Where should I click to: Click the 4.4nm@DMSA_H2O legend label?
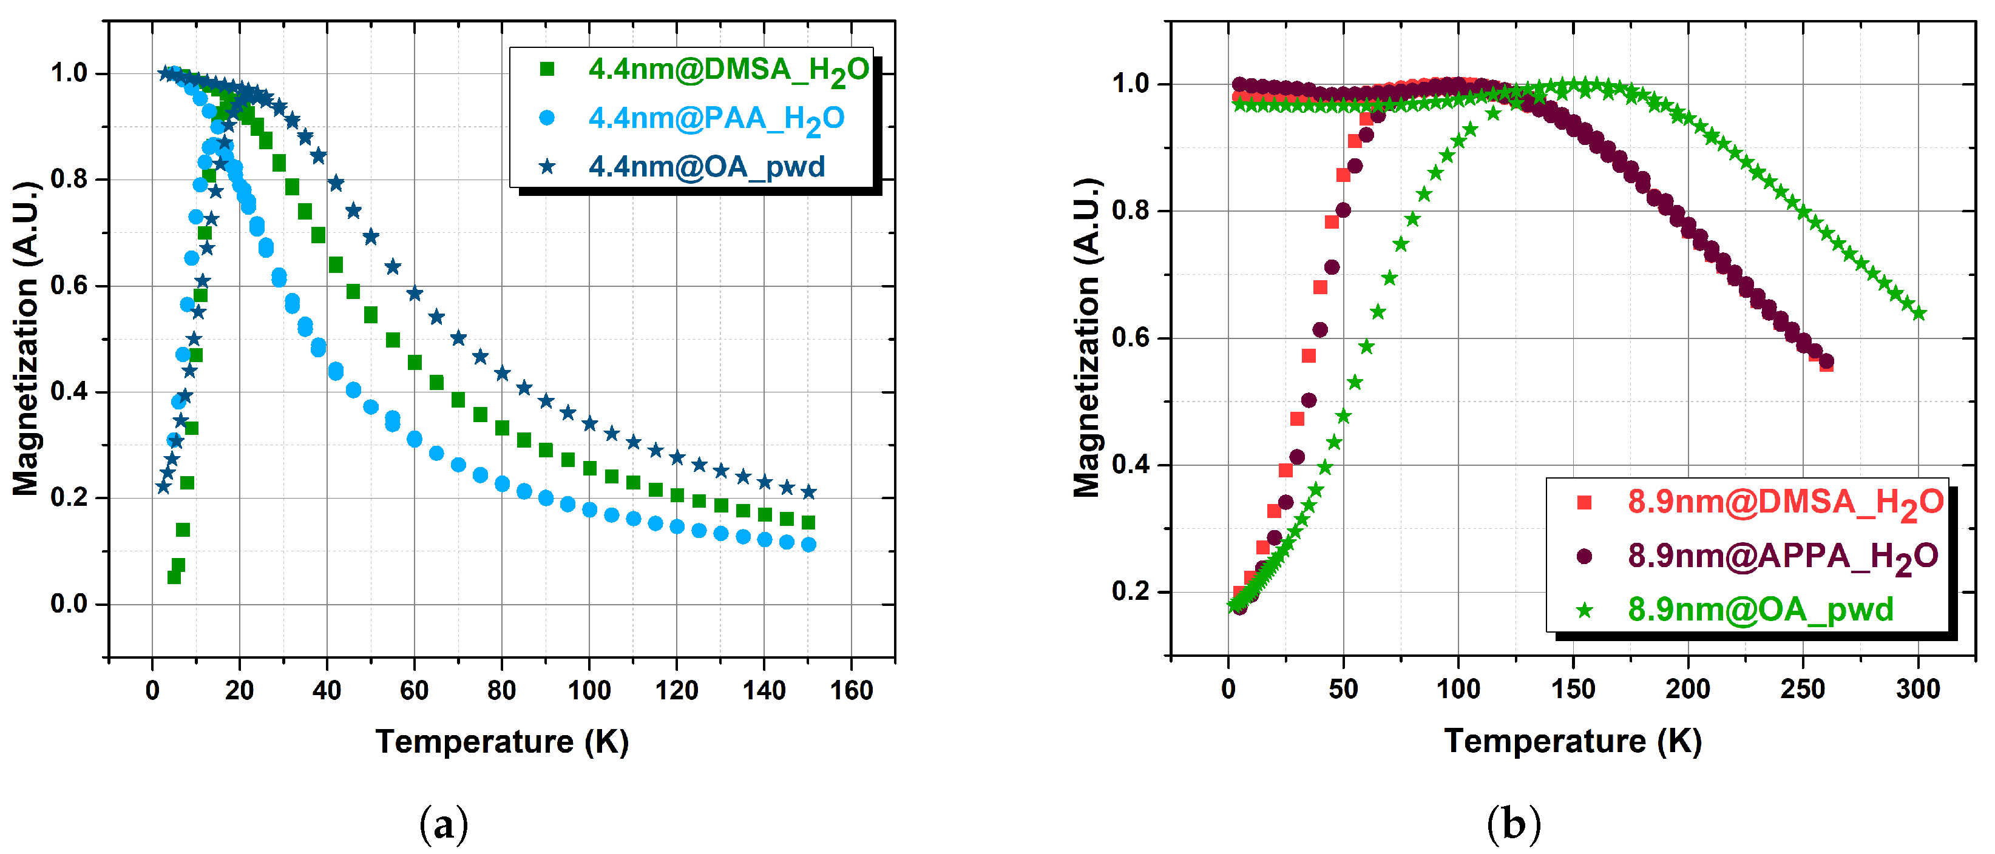pos(728,70)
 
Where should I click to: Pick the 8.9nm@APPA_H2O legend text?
pos(1783,557)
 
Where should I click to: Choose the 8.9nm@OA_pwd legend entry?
pos(1760,610)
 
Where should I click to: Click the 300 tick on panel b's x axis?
pos(1917,689)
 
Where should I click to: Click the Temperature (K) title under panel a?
pos(502,742)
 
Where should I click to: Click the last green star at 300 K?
pos(1919,314)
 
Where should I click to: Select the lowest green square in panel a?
pos(174,577)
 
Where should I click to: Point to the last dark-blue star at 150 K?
pos(808,493)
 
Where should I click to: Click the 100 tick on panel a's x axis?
pos(589,690)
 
